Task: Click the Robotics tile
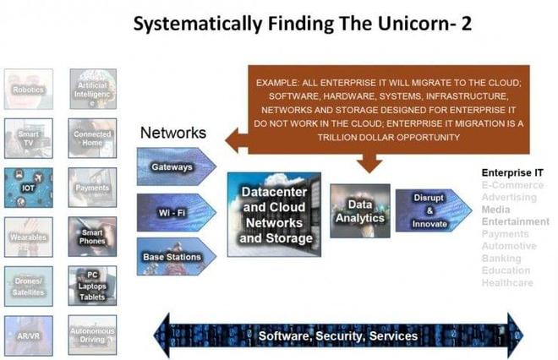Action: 28,89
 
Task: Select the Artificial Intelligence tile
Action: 92,89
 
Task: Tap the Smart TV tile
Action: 28,139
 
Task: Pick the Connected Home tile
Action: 92,139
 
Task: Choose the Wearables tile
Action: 28,237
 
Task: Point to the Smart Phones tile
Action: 92,237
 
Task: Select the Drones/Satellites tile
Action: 28,286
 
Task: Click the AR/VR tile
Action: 28,335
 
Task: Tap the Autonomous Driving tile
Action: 92,335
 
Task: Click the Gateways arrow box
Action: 173,166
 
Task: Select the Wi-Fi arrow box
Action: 173,211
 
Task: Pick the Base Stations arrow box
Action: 173,255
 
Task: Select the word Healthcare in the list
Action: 507,282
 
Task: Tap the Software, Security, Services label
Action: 338,335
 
